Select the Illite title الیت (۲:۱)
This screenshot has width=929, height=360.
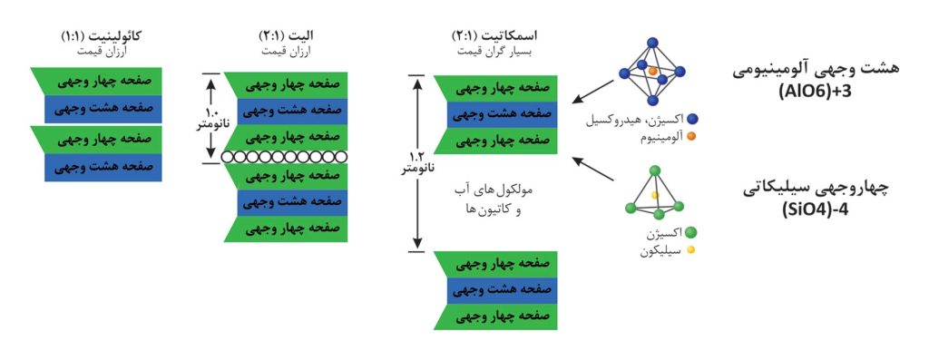pos(287,36)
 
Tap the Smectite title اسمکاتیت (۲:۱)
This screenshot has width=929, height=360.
pos(494,36)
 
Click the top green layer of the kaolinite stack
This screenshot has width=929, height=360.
pos(96,82)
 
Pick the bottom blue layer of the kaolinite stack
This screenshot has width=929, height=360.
pos(103,168)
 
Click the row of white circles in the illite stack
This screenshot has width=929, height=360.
pos(284,157)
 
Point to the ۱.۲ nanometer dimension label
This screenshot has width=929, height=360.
pos(417,163)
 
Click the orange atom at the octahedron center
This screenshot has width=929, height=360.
pos(652,71)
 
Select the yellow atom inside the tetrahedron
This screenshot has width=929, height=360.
pos(654,194)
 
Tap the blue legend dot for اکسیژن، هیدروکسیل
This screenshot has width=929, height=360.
pos(690,122)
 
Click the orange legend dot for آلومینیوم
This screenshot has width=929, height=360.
pos(690,137)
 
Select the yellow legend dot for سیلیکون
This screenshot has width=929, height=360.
pos(690,250)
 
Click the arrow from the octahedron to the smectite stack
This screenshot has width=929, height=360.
pos(593,91)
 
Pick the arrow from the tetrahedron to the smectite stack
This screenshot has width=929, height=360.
pos(593,168)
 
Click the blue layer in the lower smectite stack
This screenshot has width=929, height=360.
pos(503,291)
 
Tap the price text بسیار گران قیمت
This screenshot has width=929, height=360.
pos(494,52)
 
